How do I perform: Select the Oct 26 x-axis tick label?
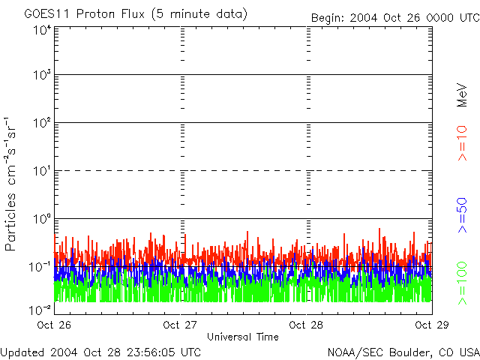click(53, 325)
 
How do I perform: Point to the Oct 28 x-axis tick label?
click(306, 325)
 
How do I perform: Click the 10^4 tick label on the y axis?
click(42, 30)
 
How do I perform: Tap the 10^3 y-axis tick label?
click(42, 76)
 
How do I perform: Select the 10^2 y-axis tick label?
click(42, 124)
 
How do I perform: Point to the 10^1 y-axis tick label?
click(42, 172)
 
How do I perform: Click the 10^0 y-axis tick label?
click(42, 220)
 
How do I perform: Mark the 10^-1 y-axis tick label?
click(40, 267)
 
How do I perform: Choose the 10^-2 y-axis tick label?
click(40, 309)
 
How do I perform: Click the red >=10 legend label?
click(463, 143)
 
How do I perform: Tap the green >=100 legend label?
click(463, 283)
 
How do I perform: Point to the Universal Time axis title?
click(242, 337)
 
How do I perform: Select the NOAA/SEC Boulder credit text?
click(403, 352)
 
